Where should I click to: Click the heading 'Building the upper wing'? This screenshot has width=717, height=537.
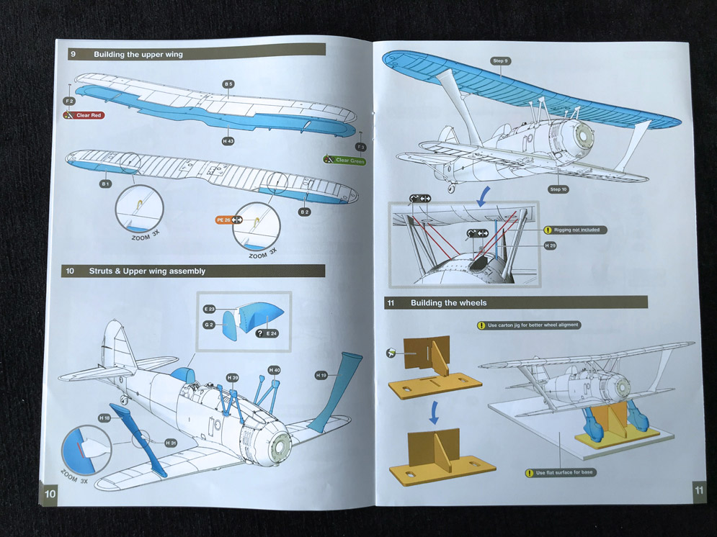click(138, 54)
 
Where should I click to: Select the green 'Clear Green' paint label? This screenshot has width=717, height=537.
click(347, 161)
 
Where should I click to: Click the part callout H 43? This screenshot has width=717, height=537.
click(228, 142)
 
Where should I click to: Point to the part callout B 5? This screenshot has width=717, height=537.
click(228, 84)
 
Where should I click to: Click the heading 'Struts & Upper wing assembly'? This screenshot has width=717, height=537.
click(147, 271)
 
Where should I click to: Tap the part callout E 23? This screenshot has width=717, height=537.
click(210, 309)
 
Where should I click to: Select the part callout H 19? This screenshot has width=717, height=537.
click(321, 375)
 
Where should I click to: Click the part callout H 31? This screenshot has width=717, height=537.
click(170, 443)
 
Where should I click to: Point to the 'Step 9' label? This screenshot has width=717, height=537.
click(500, 61)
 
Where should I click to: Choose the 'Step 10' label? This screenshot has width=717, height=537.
click(558, 189)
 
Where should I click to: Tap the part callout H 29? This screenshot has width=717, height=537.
click(551, 245)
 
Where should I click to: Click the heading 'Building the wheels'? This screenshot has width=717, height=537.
click(447, 303)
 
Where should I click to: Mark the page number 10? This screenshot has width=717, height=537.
click(50, 493)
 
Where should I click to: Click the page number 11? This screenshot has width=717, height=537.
click(699, 490)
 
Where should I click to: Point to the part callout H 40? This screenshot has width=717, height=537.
click(274, 370)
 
